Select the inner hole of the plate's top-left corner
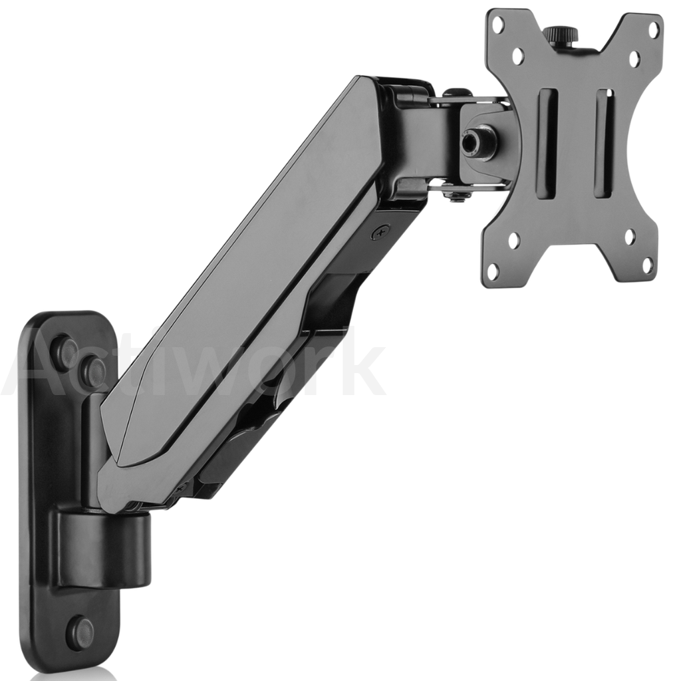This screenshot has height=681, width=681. point(518,56)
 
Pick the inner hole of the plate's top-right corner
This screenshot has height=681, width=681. point(634,58)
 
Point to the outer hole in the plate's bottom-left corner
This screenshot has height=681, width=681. point(493,272)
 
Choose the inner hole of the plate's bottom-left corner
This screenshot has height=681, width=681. point(514,239)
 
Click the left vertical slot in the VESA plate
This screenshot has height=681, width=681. point(548,144)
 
